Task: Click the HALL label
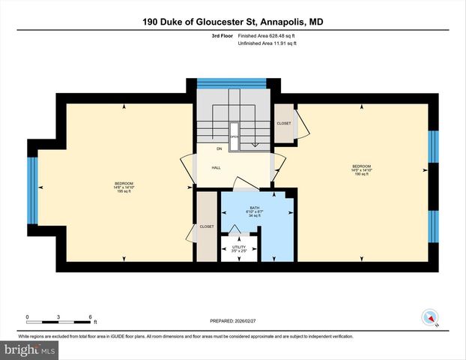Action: [216, 168]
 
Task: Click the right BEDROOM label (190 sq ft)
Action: [362, 169]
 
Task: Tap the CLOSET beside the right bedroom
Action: [284, 124]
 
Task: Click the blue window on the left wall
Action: [31, 190]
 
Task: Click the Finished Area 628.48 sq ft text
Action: [267, 35]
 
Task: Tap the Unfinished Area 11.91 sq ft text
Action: [267, 43]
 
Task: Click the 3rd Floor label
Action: [222, 35]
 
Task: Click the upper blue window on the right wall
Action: [432, 147]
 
